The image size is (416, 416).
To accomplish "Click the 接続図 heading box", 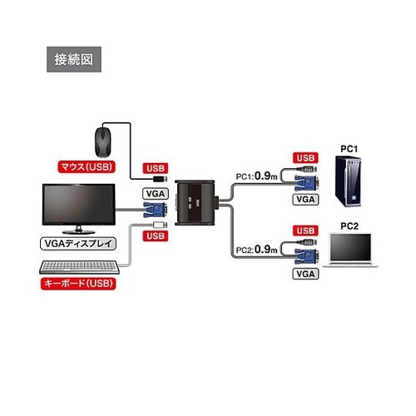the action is pyautogui.click(x=74, y=59).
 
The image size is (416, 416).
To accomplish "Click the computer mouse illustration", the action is pyautogui.click(x=103, y=142).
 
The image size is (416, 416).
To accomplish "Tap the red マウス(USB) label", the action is pyautogui.click(x=87, y=167).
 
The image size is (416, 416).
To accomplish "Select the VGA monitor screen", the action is pyautogui.click(x=78, y=205).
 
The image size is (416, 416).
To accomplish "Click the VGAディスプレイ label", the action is pyautogui.click(x=78, y=244).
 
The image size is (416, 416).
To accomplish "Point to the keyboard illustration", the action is pyautogui.click(x=79, y=267).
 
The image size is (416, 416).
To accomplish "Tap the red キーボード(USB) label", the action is pyautogui.click(x=78, y=284).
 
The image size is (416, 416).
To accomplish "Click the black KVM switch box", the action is pyautogui.click(x=195, y=203).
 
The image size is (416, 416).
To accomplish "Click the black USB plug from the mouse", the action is pyautogui.click(x=161, y=179).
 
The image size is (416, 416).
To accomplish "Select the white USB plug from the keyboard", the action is pyautogui.click(x=161, y=225).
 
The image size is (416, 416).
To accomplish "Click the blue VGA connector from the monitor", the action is pyautogui.click(x=156, y=210).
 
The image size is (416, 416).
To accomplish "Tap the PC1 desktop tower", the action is pyautogui.click(x=349, y=181).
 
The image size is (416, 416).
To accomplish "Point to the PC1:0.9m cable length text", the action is pyautogui.click(x=256, y=176).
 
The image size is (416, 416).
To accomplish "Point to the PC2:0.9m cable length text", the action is pyautogui.click(x=256, y=250).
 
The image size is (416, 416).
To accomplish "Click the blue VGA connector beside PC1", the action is pyautogui.click(x=306, y=183).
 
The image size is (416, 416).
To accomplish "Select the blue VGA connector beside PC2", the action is pyautogui.click(x=306, y=256).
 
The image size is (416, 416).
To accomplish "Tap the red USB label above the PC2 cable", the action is pyautogui.click(x=305, y=230).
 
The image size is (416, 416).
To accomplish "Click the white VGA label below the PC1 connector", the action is pyautogui.click(x=305, y=200).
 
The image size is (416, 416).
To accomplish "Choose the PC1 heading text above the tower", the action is pyautogui.click(x=349, y=149).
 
